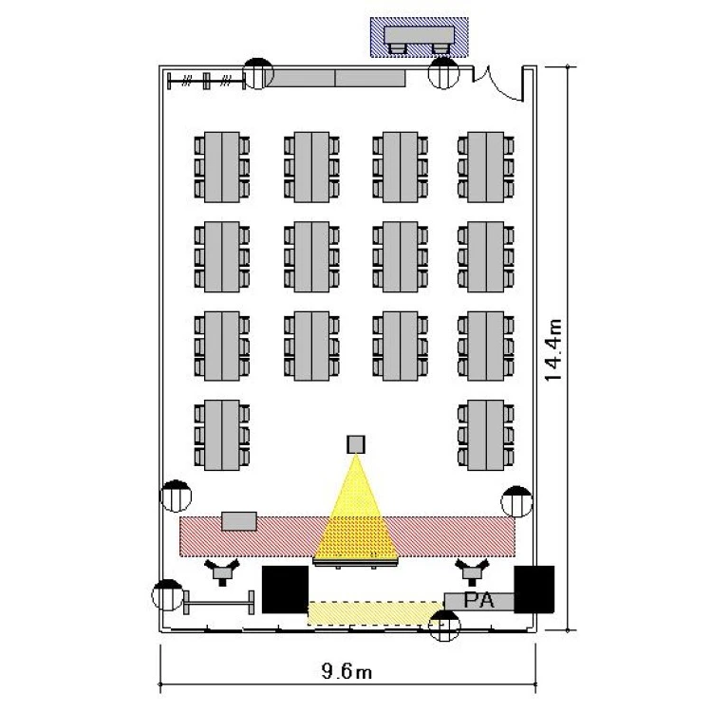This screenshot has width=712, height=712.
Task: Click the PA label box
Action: click(479, 601)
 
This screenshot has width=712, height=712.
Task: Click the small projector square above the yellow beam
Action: click(356, 443)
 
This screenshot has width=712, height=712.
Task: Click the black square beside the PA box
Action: click(534, 589)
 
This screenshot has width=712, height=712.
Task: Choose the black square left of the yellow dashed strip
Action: click(285, 589)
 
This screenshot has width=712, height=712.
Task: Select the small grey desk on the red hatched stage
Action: click(239, 520)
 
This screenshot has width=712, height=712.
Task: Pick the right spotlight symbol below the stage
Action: click(472, 571)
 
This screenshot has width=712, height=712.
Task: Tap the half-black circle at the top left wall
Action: click(258, 73)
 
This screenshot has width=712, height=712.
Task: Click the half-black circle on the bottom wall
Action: click(443, 627)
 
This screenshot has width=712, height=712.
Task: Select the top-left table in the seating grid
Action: click(221, 166)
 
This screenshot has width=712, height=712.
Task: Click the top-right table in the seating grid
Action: click(486, 166)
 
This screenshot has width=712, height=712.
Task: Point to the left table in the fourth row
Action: click(221, 434)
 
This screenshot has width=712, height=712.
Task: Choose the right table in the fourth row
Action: click(486, 434)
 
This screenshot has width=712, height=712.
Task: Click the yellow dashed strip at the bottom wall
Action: click(365, 613)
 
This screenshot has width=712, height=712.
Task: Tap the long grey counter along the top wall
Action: click(334, 78)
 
